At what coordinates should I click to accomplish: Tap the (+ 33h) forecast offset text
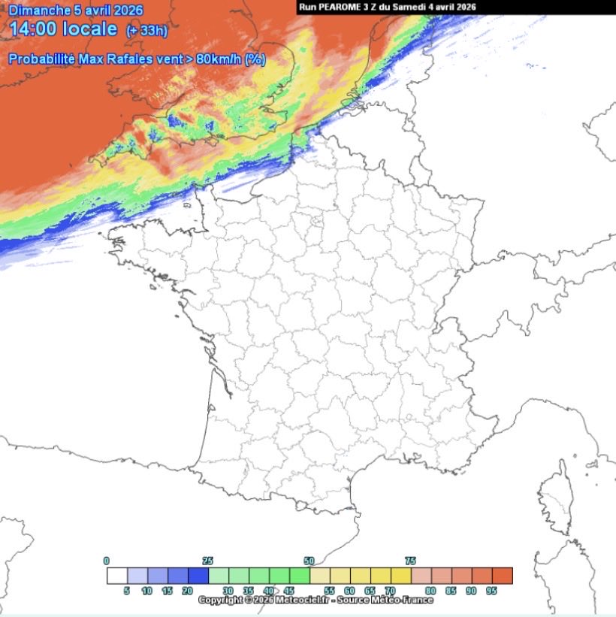[146, 31]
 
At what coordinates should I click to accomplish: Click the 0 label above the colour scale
[107, 561]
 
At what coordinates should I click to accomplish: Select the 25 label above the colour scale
[208, 561]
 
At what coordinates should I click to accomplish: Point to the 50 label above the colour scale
[309, 561]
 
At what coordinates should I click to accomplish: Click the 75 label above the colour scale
[410, 561]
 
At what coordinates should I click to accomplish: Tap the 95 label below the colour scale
[492, 591]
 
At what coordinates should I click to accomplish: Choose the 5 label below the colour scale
[126, 591]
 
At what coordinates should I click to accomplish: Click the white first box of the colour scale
[116, 576]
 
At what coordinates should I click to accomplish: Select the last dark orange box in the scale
[503, 576]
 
